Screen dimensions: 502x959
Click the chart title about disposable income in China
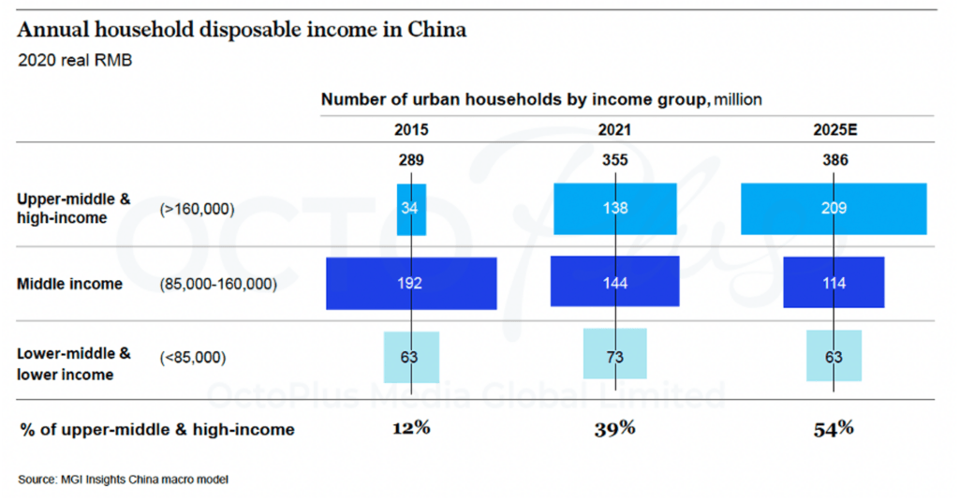coord(242,29)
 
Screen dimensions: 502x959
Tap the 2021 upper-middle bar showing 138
coord(614,208)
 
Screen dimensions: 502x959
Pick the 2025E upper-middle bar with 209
coord(834,208)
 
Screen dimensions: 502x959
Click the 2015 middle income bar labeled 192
coord(411,283)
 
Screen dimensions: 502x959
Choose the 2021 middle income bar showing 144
coord(614,283)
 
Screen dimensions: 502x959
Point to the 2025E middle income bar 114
coord(834,283)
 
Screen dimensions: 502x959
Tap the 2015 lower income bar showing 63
coord(411,358)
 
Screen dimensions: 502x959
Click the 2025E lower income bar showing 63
coord(834,357)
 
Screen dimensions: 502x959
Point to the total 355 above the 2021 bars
coord(614,160)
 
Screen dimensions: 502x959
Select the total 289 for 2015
coord(412,160)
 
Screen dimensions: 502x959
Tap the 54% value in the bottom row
coord(834,429)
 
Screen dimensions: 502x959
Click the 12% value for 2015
coord(411,429)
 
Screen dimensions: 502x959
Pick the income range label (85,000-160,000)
coord(218,283)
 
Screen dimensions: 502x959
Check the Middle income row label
coord(70,283)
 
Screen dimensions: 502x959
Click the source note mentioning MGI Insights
coord(123,480)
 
